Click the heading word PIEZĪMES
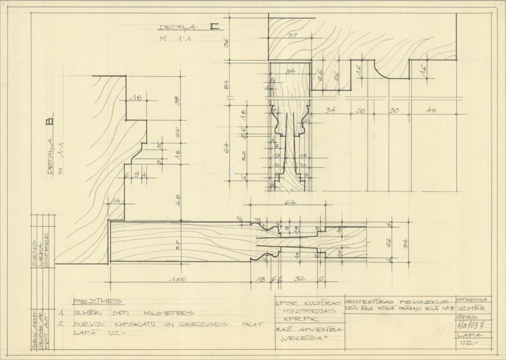point(98,301)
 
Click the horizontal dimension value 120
point(179,280)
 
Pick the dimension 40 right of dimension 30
point(432,110)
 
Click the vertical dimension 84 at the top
point(227,84)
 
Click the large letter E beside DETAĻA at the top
point(214,26)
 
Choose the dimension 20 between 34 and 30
point(361,110)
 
